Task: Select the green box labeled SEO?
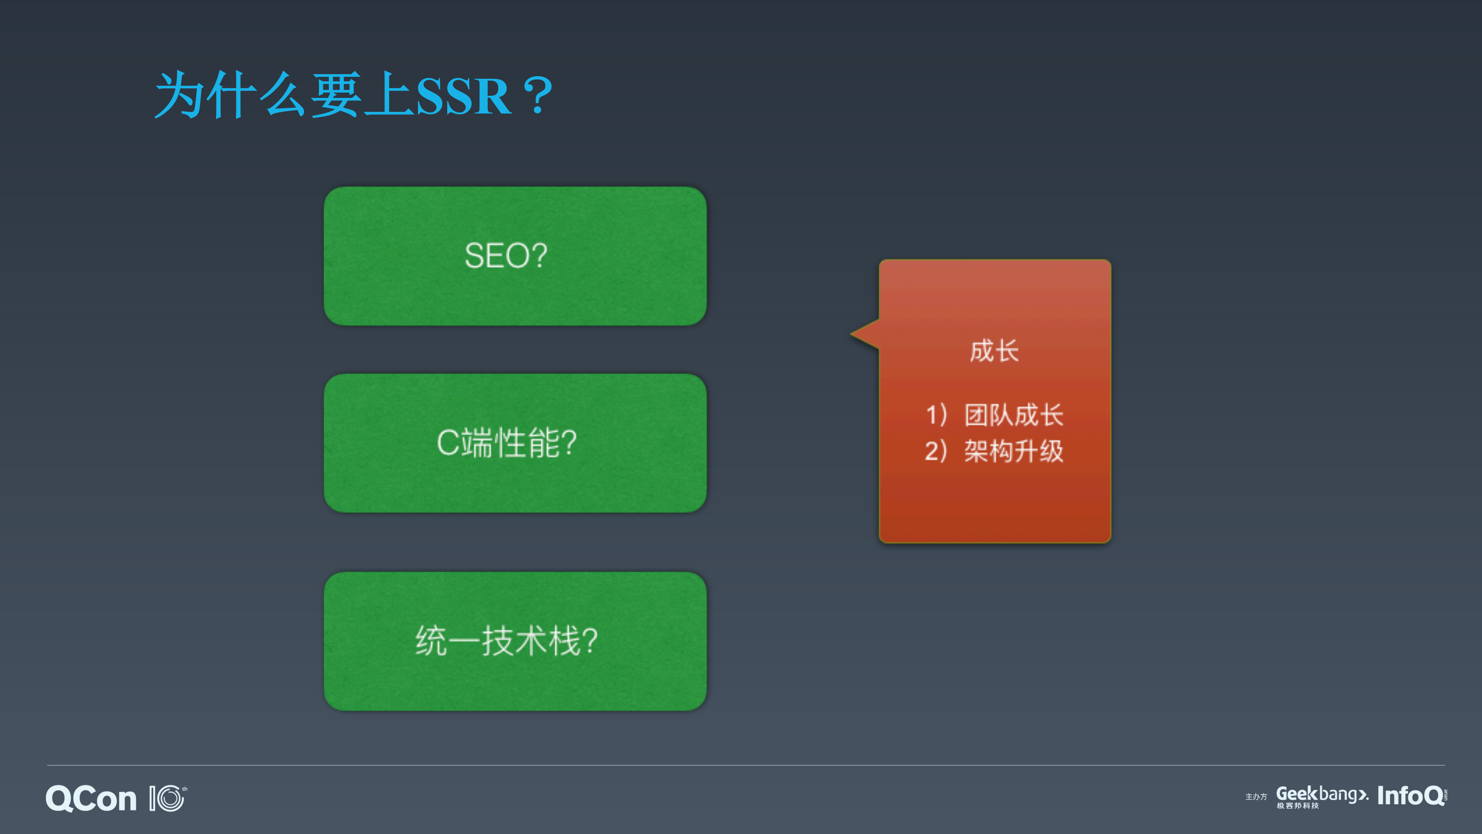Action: click(x=515, y=256)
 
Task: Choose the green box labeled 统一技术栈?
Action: click(x=515, y=640)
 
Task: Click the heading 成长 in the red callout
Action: click(x=994, y=351)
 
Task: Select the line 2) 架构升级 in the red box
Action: click(x=994, y=451)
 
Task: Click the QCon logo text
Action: click(x=91, y=799)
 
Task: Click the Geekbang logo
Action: click(x=1321, y=794)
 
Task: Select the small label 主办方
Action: click(x=1256, y=797)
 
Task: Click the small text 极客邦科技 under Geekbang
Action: click(x=1297, y=806)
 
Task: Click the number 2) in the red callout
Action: click(x=935, y=451)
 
